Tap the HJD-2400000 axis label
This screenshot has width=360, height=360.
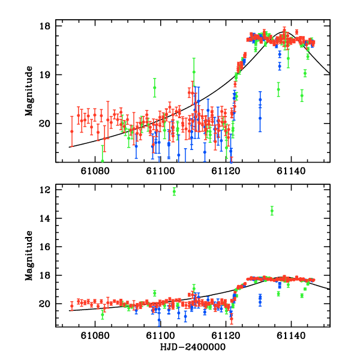coord(193,347)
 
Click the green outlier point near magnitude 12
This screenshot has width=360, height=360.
coord(174,191)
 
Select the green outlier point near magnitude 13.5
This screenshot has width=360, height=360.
coord(272,211)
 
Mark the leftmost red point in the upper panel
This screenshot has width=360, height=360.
coord(72,131)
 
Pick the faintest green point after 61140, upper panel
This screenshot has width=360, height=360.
coord(302,95)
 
